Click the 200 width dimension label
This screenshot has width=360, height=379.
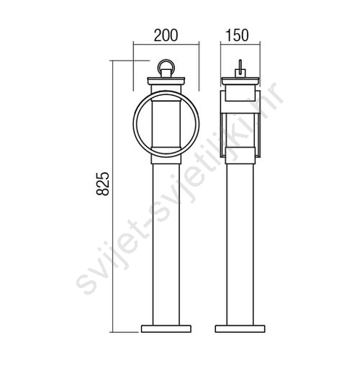[166, 35]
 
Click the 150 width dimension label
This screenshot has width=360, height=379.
[237, 35]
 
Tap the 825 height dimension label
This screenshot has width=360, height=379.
[103, 184]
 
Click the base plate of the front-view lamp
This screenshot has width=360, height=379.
[166, 329]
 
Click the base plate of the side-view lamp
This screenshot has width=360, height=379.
[240, 329]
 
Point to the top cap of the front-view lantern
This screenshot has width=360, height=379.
[166, 81]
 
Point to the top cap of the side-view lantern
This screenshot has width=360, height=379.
[240, 81]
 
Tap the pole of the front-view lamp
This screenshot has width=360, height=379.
[166, 244]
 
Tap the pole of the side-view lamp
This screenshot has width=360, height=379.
[240, 244]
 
